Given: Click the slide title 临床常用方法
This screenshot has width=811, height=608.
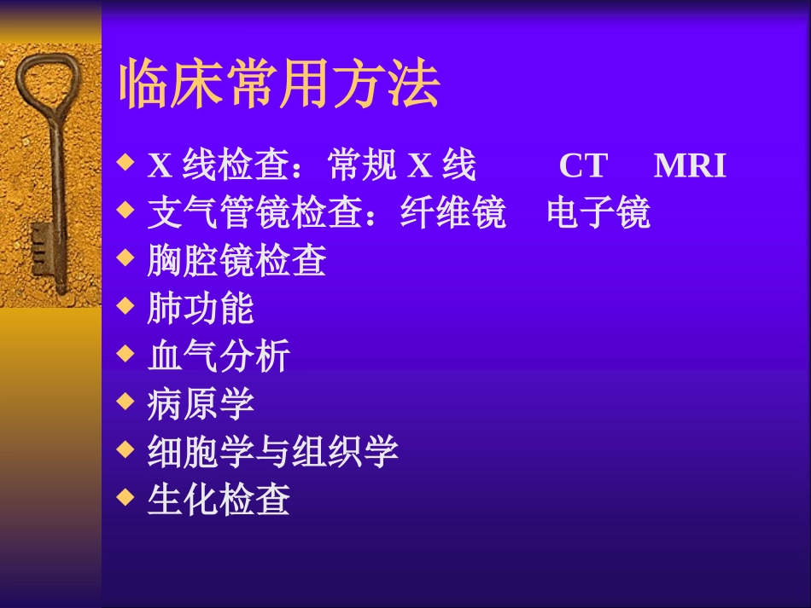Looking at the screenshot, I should coord(278,84).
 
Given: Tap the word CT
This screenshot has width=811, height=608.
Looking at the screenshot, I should coord(582,165).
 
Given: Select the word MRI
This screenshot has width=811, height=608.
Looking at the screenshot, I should coord(690,165).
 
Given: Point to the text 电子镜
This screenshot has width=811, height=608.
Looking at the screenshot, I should coord(598,213).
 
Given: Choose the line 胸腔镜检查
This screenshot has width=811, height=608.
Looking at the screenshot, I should coord(236,261).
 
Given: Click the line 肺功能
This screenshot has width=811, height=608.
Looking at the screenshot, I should coord(201,309).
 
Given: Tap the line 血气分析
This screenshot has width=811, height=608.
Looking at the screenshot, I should coord(219,356).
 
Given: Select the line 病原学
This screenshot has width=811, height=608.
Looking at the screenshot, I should coord(201,403).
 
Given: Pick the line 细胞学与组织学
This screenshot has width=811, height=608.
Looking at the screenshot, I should coord(272,451).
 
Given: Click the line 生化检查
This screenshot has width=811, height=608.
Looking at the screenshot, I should coord(219,499).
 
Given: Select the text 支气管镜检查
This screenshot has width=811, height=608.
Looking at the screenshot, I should coord(254,213).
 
